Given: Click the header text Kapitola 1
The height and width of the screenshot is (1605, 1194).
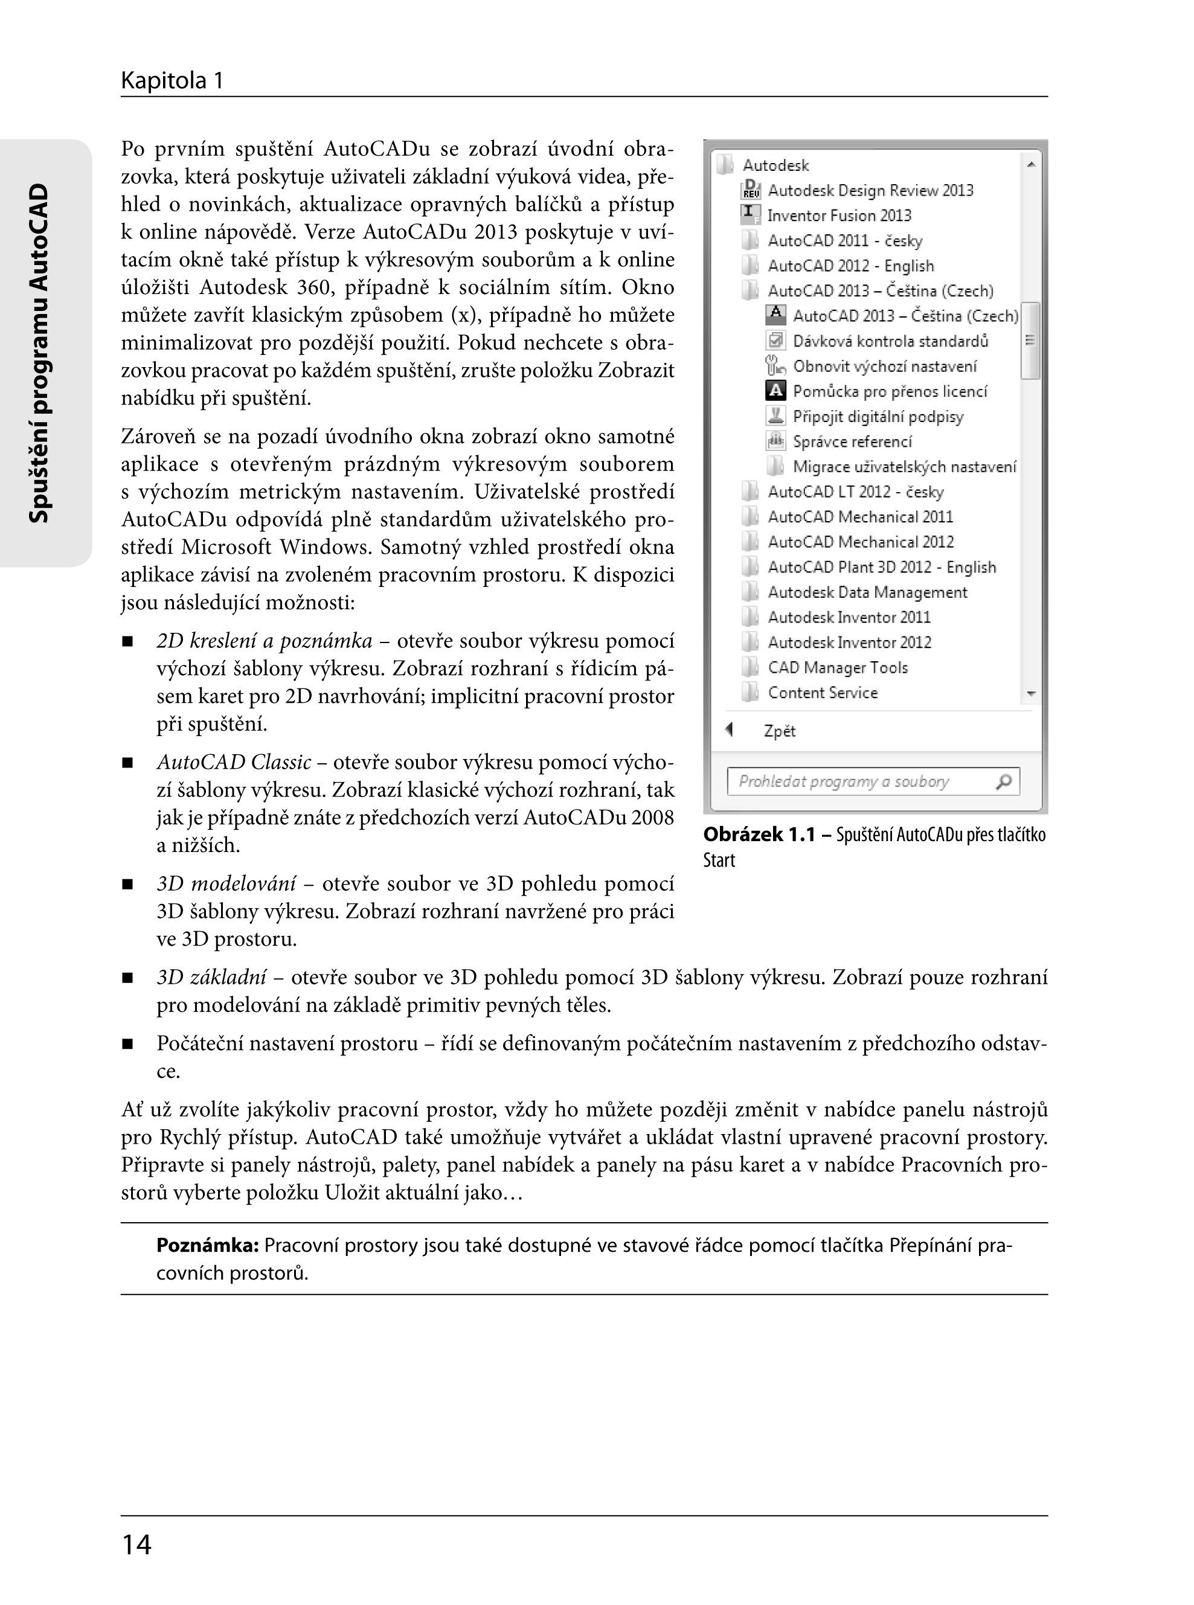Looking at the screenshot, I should [172, 80].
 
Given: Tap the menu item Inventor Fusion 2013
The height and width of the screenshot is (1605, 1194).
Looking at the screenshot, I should [838, 216].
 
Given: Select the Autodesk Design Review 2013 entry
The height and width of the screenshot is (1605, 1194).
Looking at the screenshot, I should [870, 190].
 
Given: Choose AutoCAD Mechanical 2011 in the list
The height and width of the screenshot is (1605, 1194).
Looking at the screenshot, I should [860, 517].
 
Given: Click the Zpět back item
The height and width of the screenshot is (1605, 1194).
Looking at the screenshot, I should [779, 731].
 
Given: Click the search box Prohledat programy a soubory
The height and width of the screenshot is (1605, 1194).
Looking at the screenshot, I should [860, 781].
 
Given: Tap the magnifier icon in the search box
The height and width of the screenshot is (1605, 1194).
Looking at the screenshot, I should [1004, 781].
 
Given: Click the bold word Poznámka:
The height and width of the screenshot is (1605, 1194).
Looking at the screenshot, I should [207, 1245].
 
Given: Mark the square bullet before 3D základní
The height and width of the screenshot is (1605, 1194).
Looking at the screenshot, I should [128, 978].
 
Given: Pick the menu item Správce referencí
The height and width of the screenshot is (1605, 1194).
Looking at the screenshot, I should [852, 441].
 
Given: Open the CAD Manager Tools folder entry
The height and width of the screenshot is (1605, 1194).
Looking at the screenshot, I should [837, 668].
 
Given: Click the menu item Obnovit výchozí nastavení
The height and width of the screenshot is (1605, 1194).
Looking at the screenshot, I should [884, 367].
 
